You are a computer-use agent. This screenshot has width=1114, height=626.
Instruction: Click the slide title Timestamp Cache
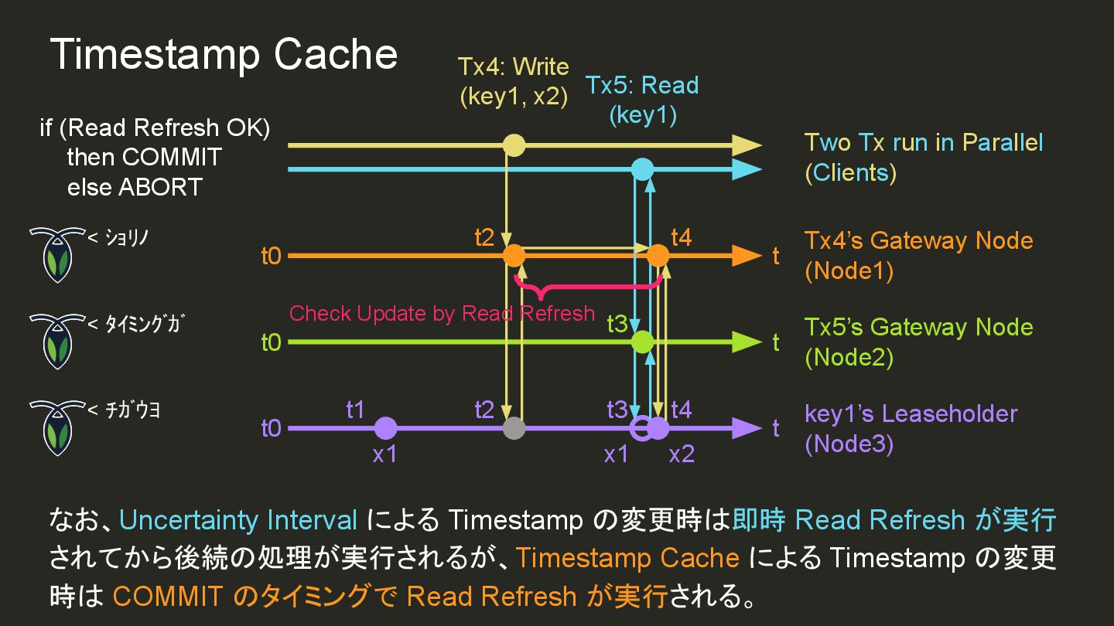pyautogui.click(x=224, y=54)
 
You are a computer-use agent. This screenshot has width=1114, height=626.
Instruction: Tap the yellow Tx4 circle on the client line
pyautogui.click(x=514, y=145)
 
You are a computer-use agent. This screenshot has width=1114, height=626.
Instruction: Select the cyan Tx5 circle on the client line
pyautogui.click(x=642, y=169)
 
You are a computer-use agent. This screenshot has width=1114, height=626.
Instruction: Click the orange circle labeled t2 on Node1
pyautogui.click(x=514, y=255)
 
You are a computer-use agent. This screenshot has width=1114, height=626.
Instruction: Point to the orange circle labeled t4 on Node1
pyautogui.click(x=658, y=255)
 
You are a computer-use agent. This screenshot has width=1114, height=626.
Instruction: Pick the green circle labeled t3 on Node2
pyautogui.click(x=642, y=342)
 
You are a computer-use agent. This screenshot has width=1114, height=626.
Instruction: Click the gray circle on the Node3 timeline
pyautogui.click(x=514, y=428)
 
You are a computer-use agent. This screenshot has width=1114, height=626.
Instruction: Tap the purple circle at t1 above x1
pyautogui.click(x=385, y=428)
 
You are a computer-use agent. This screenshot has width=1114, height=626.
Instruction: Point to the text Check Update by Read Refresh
pyautogui.click(x=442, y=313)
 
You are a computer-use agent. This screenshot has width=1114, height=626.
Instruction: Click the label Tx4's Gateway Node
pyautogui.click(x=918, y=240)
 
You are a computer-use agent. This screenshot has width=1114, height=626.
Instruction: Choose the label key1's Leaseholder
pyautogui.click(x=911, y=413)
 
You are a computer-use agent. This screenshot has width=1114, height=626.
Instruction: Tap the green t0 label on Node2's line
pyautogui.click(x=271, y=342)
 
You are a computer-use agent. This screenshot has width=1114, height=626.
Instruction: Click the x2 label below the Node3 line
pyautogui.click(x=682, y=454)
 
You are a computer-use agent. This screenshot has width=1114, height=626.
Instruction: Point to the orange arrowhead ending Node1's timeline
pyautogui.click(x=747, y=255)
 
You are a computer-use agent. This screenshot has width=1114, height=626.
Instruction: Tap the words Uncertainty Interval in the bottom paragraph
pyautogui.click(x=238, y=520)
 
